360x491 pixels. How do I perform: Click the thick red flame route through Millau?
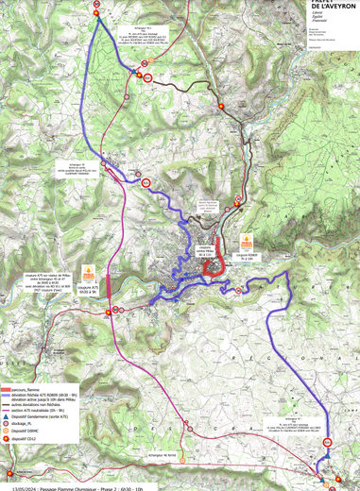[214, 257]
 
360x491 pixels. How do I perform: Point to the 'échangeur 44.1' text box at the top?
[132, 37]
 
